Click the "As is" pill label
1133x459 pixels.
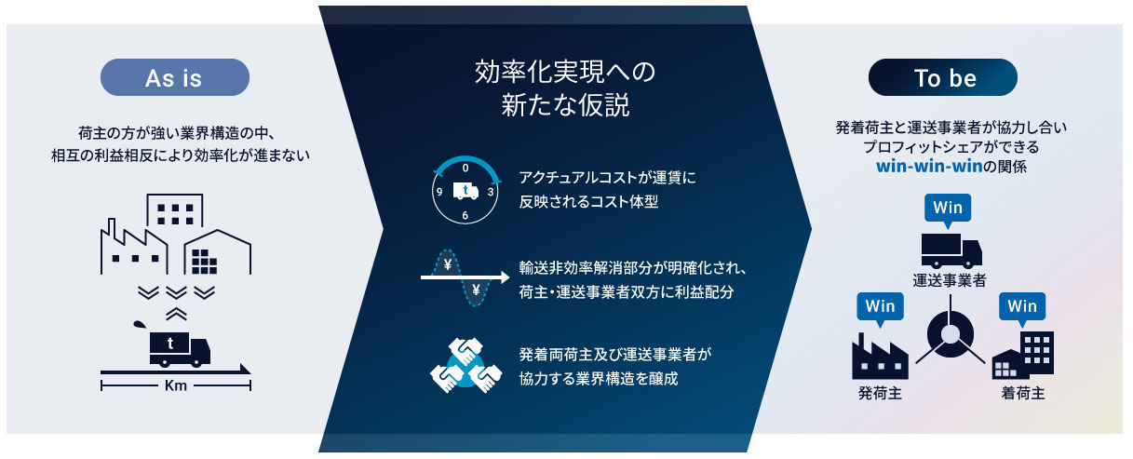174,77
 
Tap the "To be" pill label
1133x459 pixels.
943,77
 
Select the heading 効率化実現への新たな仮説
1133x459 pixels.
565,88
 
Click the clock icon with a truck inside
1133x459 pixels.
465,190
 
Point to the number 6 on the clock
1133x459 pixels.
465,215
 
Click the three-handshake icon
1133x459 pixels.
465,365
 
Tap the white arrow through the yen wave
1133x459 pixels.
465,277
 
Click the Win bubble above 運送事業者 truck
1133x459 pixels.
948,209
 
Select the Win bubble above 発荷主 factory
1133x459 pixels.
880,307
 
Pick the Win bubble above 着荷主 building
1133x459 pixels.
1022,307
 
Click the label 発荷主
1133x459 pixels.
880,393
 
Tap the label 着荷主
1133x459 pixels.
1023,393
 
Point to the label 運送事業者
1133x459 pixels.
950,280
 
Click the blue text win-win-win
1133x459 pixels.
929,166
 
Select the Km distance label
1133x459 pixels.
176,386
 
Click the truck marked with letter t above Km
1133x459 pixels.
180,349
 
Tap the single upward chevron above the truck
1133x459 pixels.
176,314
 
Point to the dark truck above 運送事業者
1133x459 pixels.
951,250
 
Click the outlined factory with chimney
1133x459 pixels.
133,247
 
